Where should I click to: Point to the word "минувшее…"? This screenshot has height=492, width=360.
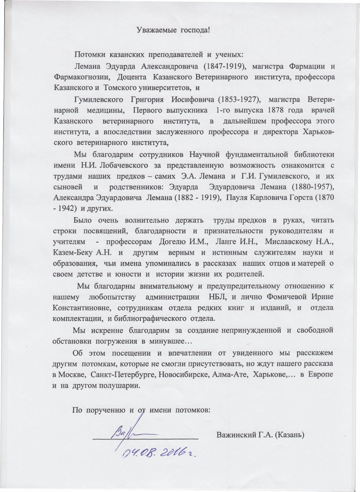pyautogui.click(x=170, y=341)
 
